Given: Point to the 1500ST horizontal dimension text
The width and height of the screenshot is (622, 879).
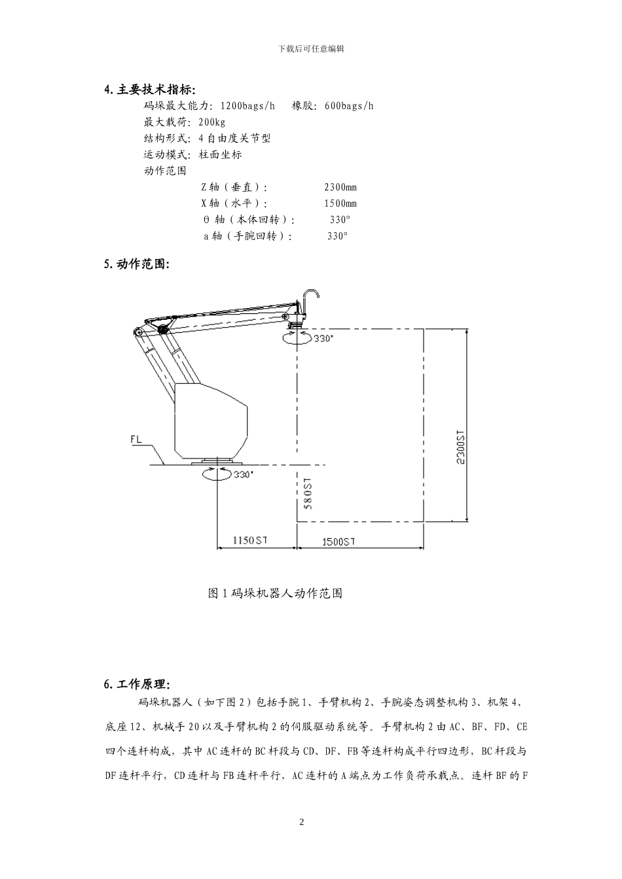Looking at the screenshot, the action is tap(338, 541).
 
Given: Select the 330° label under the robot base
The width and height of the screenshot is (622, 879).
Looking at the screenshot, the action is tap(243, 475).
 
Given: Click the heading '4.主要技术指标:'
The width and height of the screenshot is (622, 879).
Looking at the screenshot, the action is tap(150, 90).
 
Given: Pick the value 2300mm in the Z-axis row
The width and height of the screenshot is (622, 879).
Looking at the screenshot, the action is tap(340, 187).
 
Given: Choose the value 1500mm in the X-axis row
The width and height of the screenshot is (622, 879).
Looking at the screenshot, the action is tap(340, 203).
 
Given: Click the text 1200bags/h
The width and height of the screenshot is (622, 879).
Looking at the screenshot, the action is tap(247, 105).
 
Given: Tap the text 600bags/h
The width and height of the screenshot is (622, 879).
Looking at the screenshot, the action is tap(349, 105).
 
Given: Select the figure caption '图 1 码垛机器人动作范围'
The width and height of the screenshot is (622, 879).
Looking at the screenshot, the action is tap(275, 593).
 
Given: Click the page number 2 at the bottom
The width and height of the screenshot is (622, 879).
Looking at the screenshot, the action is tap(302, 822).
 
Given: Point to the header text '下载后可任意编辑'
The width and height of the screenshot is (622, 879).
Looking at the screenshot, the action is tap(311, 48).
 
